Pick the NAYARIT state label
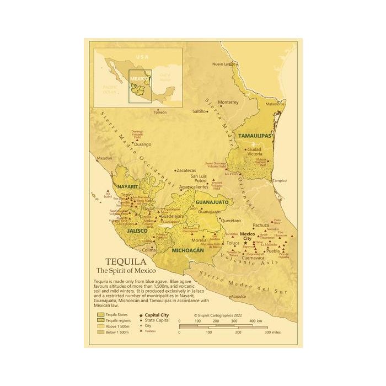point(126,187)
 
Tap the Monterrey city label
point(228,102)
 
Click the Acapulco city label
point(238,296)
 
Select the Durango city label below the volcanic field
point(142,144)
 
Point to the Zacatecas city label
point(186,170)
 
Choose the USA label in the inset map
point(143,57)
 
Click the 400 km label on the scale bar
point(255,321)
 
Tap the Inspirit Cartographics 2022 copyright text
point(218,315)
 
